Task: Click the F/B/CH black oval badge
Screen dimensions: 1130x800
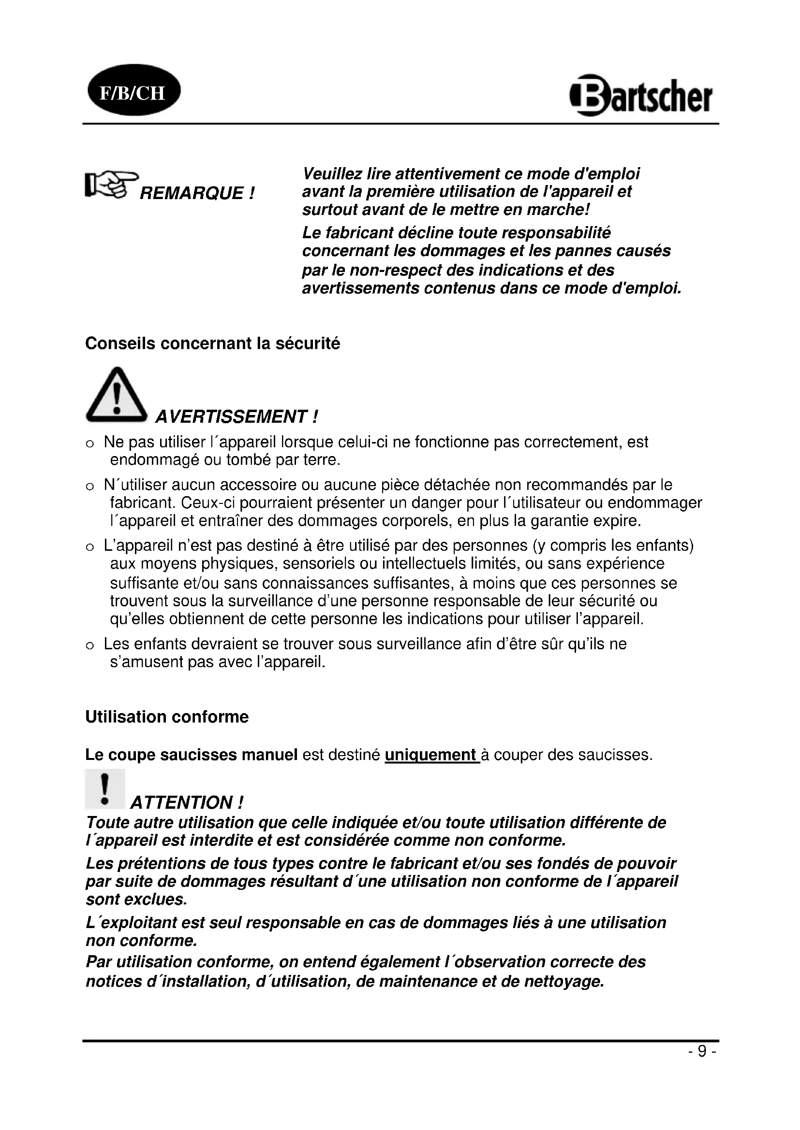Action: coord(134,90)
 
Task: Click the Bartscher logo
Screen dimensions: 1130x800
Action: coord(641,95)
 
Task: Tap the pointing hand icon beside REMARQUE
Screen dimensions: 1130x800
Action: coord(111,186)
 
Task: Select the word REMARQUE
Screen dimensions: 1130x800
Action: coord(192,193)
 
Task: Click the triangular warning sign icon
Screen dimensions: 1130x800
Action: coord(116,395)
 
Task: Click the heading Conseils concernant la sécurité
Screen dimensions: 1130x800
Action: coord(212,343)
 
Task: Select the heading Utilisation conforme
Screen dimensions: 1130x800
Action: coord(167,717)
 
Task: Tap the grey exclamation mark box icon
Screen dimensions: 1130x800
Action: coord(104,789)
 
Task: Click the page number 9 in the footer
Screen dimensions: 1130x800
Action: coord(702,1051)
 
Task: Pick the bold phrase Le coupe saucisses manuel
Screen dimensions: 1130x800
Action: coord(191,755)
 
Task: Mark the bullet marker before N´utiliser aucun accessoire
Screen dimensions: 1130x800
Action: coord(89,487)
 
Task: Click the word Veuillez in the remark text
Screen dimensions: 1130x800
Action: coord(326,174)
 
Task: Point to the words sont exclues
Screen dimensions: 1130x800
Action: coord(136,900)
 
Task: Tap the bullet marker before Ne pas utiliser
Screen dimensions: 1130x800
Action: coord(89,444)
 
